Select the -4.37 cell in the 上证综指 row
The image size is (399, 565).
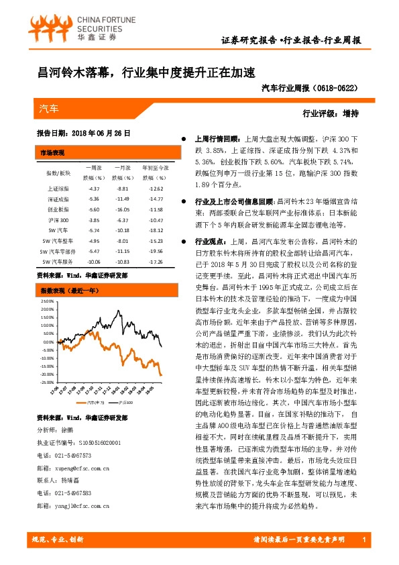point(94,189)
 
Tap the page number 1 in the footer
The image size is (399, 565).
point(362,540)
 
